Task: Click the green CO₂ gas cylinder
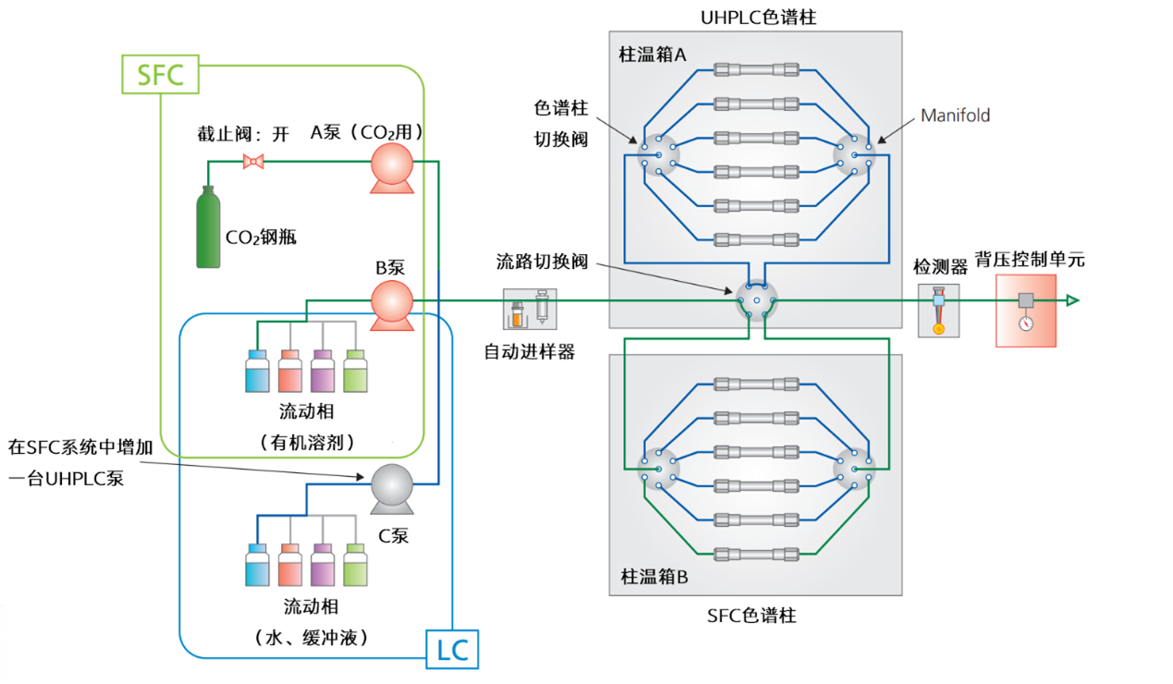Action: [x=208, y=227]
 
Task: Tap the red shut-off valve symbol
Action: [x=252, y=163]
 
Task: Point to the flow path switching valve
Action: [x=756, y=301]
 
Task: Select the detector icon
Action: [x=938, y=310]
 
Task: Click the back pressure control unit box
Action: [x=1025, y=309]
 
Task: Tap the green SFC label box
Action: [x=160, y=74]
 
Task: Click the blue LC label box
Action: [x=452, y=650]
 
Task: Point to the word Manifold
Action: [x=955, y=116]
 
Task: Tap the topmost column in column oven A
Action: [x=756, y=69]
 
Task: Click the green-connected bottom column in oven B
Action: [x=756, y=554]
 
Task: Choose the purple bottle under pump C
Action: [x=323, y=563]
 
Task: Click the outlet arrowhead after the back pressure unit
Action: [x=1072, y=300]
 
